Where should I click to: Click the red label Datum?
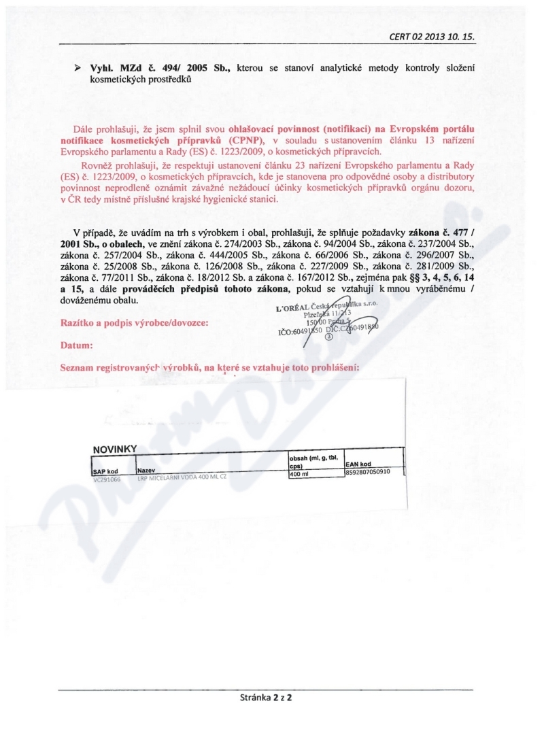coord(77,345)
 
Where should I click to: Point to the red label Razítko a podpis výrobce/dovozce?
coord(131,322)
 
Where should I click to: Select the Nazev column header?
coord(147,470)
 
